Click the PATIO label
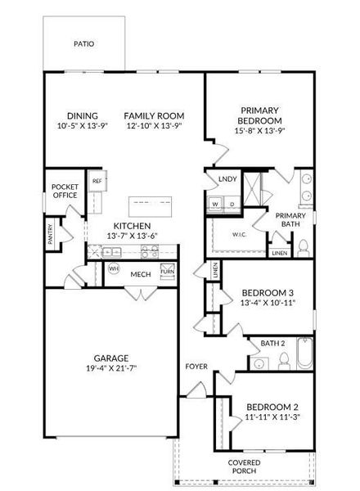tap(84, 44)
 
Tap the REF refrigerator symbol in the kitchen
tap(97, 181)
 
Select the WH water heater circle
tap(114, 268)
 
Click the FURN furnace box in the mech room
tap(168, 271)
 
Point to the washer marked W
tap(215, 205)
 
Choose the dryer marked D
tap(232, 205)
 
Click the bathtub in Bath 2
tap(304, 354)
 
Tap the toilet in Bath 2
tap(284, 361)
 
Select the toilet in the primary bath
tap(304, 248)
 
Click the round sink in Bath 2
tap(259, 363)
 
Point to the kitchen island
tap(150, 206)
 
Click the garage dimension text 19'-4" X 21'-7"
tap(111, 368)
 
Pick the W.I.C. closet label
tap(239, 235)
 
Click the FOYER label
tap(196, 367)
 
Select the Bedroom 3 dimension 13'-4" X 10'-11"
tap(268, 303)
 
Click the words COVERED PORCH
tap(244, 466)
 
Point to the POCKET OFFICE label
tap(65, 191)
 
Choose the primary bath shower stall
tap(252, 188)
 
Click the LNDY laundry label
tap(227, 179)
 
